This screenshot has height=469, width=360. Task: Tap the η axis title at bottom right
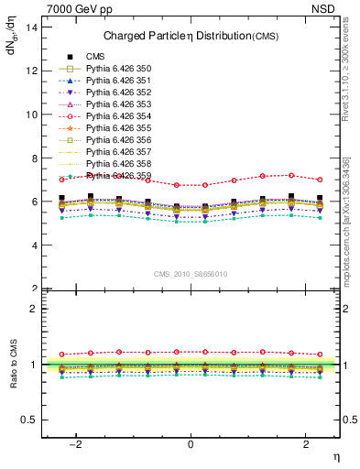coord(335,455)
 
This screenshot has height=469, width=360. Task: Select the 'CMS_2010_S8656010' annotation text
coord(191,274)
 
